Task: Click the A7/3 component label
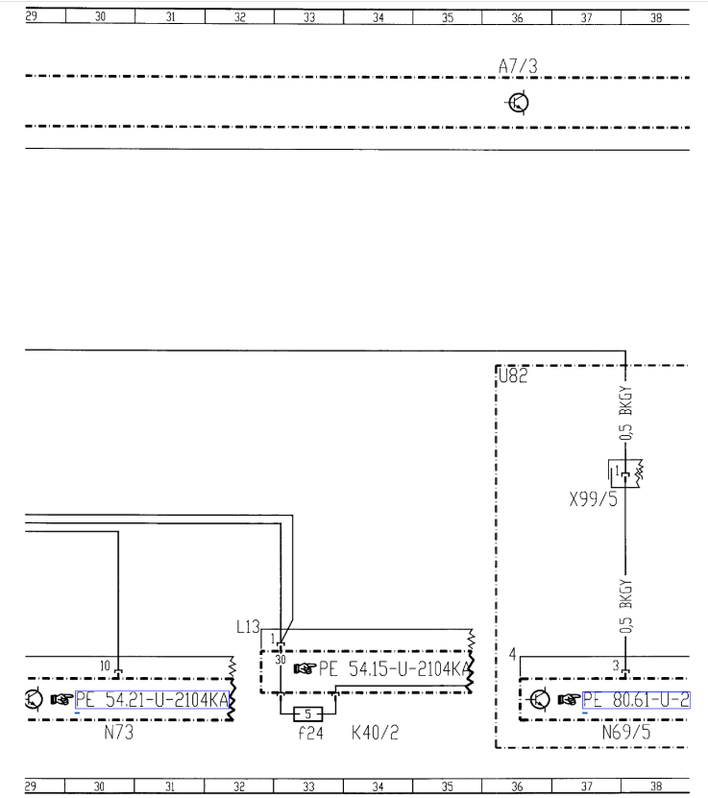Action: point(518,65)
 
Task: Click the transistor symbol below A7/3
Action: point(518,103)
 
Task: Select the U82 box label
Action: point(513,376)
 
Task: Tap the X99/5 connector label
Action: point(594,498)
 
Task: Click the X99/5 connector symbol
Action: point(624,472)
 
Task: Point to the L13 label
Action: point(248,627)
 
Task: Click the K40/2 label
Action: point(375,734)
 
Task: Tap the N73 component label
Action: point(118,734)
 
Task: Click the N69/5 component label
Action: point(626,734)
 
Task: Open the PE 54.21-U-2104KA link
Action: point(154,699)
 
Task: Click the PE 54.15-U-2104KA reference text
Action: point(394,669)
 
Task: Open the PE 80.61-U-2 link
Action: point(635,699)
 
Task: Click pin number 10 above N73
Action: point(106,665)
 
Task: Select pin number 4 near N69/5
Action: point(512,654)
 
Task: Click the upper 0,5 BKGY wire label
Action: point(625,415)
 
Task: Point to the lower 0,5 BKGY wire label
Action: point(625,606)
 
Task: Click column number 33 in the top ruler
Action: point(308,17)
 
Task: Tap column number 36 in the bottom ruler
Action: point(517,786)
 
